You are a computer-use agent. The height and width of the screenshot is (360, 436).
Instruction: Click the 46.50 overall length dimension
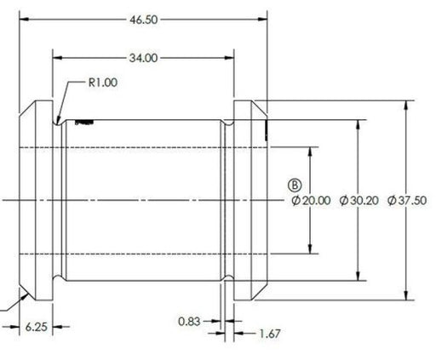point(143,20)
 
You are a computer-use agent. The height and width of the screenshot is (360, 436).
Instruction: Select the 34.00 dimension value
point(143,58)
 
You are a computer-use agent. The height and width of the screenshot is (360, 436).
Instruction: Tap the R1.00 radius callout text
point(103,83)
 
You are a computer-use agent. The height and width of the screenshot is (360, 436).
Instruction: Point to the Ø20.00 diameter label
point(311,201)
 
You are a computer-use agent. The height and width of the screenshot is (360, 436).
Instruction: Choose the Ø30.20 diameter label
point(359,201)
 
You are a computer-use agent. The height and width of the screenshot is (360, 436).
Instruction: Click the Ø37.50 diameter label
point(407,201)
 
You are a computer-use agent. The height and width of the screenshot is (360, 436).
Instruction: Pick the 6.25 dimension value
point(37,327)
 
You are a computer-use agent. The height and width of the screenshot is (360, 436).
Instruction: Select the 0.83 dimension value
point(189,322)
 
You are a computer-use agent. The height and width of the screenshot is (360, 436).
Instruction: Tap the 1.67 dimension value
point(270,334)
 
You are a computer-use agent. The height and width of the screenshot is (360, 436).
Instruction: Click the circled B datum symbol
point(295,186)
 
